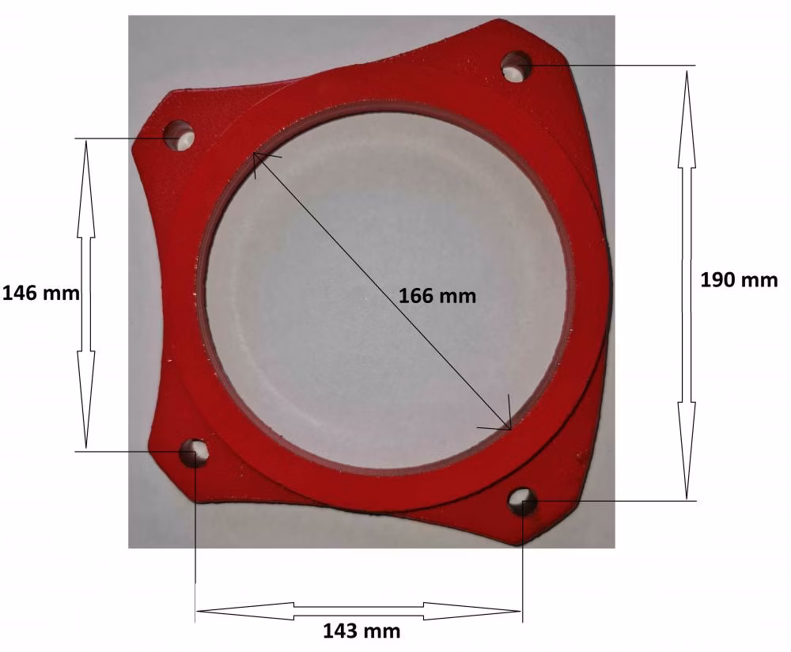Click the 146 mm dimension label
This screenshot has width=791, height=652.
[41, 293]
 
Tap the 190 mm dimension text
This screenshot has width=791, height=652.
[739, 279]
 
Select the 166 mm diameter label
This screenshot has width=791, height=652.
[437, 295]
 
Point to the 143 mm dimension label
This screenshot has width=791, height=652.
[361, 631]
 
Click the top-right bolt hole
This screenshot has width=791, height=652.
[517, 66]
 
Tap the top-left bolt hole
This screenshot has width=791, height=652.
[179, 135]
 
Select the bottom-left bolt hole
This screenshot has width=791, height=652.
[195, 453]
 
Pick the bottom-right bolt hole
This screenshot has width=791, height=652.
[522, 501]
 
